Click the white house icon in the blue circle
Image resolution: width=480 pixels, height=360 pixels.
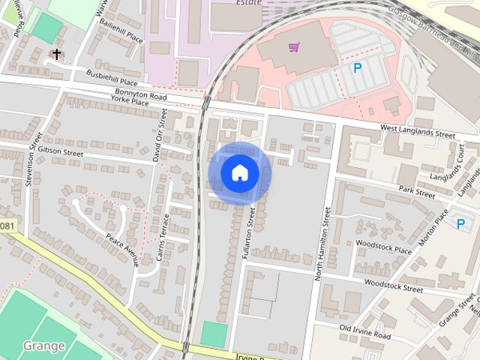pyautogui.click(x=239, y=173)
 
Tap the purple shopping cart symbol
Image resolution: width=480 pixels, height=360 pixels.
pyautogui.click(x=293, y=47)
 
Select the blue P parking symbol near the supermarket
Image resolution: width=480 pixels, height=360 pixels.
pyautogui.click(x=357, y=68)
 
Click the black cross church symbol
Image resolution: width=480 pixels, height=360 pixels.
pyautogui.click(x=56, y=54)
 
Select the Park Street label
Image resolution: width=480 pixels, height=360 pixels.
pyautogui.click(x=416, y=193)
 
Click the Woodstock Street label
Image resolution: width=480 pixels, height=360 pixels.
pyautogui.click(x=393, y=286)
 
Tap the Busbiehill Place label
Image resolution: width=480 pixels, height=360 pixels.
pyautogui.click(x=112, y=77)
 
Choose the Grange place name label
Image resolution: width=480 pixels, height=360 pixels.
pyautogui.click(x=43, y=346)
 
